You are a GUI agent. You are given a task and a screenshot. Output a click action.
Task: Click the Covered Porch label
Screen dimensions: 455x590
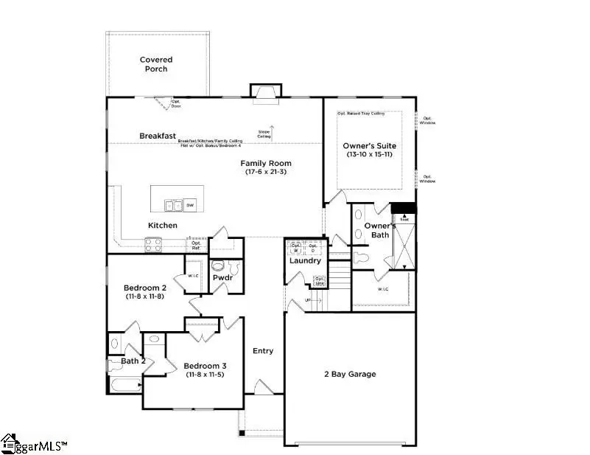point(155,64)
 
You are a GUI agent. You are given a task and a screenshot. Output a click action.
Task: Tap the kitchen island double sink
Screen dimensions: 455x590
point(173,204)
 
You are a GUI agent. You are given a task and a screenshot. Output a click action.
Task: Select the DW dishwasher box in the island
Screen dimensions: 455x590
point(190,205)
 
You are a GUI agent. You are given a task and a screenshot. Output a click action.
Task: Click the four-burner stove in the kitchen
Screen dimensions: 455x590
point(153,242)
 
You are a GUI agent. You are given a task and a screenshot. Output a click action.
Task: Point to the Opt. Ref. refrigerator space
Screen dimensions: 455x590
point(196,246)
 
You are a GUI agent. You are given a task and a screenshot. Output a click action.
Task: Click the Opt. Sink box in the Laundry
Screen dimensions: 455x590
point(320,281)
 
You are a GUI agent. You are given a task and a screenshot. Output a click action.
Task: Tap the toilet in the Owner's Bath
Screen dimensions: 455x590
point(362,259)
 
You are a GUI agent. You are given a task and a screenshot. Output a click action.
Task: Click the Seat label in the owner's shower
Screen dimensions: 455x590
point(404,218)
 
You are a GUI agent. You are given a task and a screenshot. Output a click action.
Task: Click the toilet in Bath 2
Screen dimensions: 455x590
point(113,343)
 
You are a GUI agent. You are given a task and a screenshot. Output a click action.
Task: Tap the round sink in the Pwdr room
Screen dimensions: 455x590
point(218,265)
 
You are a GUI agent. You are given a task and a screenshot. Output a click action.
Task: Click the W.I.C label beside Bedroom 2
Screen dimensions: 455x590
point(194,276)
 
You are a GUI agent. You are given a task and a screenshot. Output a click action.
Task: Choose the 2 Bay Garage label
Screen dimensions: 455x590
point(351,375)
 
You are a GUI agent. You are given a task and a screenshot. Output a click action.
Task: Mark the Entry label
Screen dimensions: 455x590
point(263,351)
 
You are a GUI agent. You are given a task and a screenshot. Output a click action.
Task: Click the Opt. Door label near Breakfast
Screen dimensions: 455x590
point(176,104)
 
